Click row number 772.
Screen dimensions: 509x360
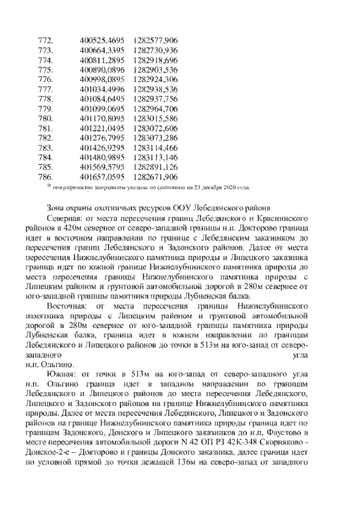(45, 40)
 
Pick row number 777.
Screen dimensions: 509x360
(45, 89)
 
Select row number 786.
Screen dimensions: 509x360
(45, 177)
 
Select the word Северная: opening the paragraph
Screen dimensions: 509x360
(70, 218)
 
